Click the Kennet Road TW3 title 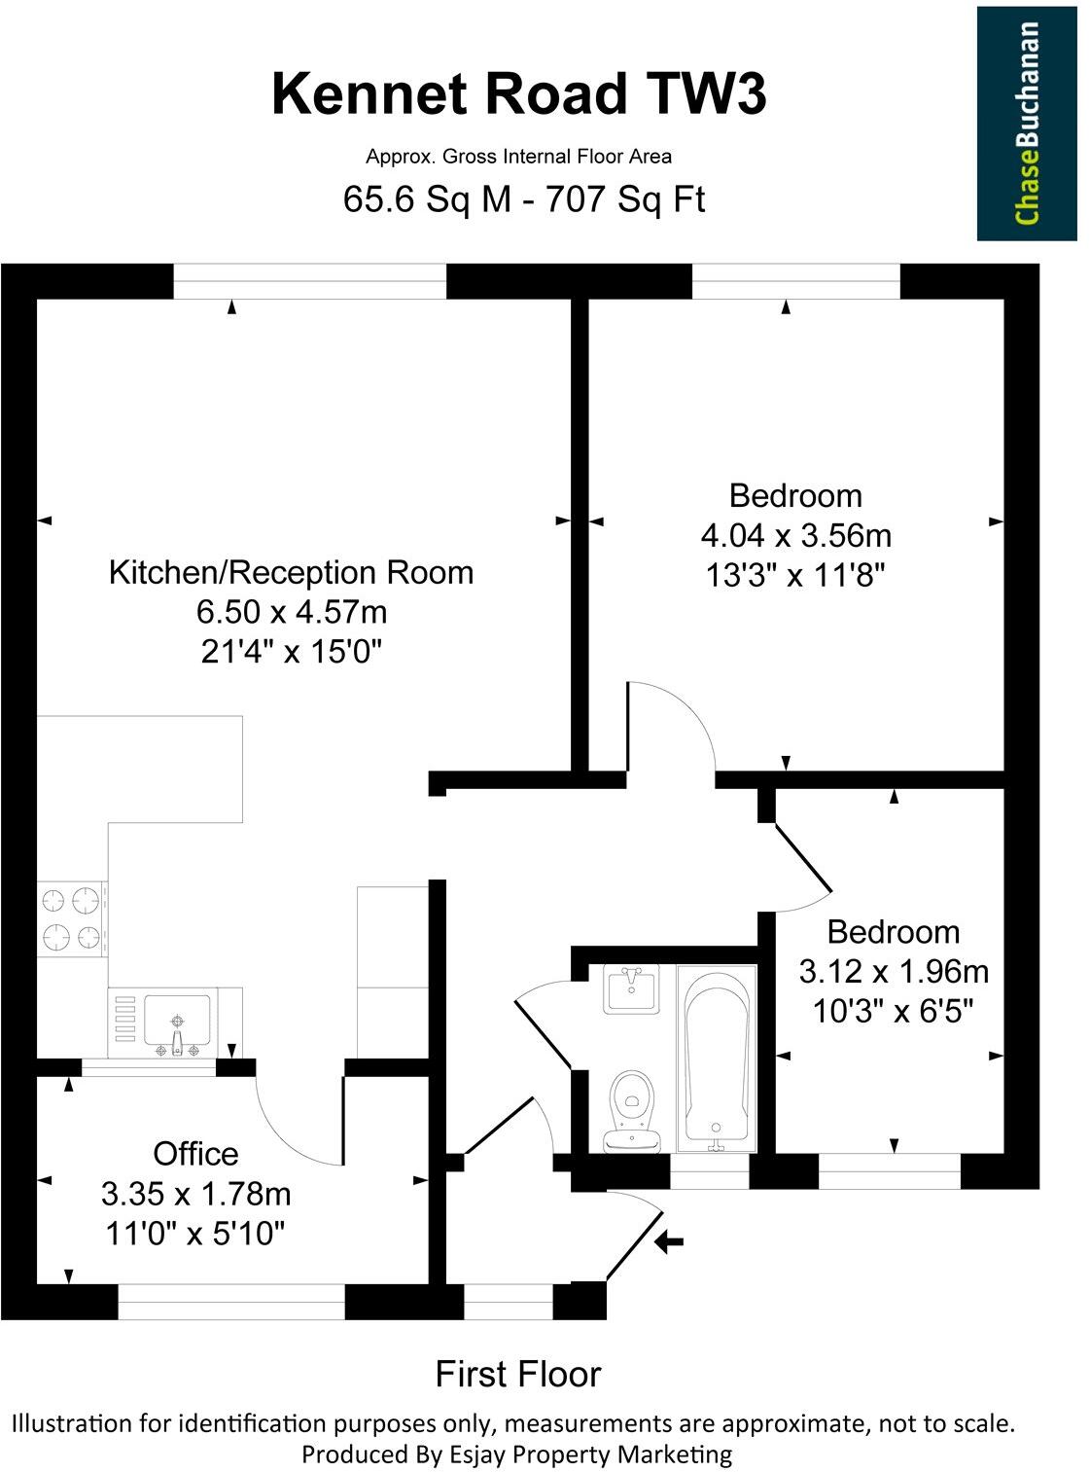[518, 95]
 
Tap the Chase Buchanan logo [1027, 124]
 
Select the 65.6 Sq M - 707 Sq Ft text [523, 199]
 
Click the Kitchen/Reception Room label [291, 572]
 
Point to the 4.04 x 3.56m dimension [795, 535]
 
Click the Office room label [195, 1154]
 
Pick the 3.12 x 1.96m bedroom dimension [893, 971]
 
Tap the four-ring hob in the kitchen [72, 918]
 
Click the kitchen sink [176, 1022]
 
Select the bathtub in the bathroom [718, 1055]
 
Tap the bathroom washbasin [631, 988]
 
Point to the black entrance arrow [669, 1241]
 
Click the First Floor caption [517, 1374]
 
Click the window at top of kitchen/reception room [309, 281]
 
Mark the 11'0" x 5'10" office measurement [195, 1234]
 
